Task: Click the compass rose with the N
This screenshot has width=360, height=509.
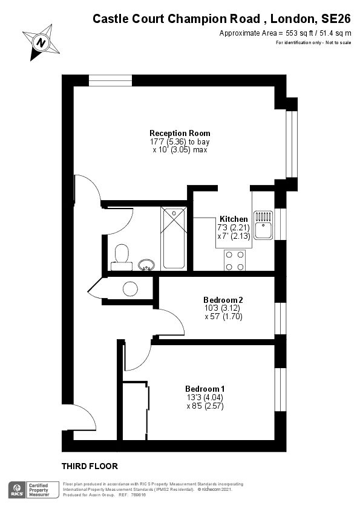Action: pos(41,42)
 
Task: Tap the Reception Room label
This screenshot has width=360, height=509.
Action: pos(180,133)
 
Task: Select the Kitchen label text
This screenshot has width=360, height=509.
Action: pos(233,219)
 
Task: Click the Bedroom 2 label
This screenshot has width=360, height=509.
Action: pos(223,300)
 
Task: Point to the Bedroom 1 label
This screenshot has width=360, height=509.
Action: pos(205,388)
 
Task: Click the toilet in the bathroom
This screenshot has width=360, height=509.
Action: pos(122,257)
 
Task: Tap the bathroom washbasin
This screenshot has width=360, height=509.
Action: pos(146,264)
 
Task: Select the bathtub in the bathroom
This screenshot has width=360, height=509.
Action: pos(174,237)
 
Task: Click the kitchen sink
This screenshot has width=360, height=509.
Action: pos(263,224)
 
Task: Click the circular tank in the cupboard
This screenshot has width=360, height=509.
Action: pos(131,289)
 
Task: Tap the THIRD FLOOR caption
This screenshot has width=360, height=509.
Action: pos(90,466)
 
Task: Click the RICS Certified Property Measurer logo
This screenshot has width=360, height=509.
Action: pos(33,490)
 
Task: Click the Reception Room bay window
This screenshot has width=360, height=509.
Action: pos(291,144)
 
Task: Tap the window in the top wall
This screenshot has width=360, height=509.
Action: pos(110,80)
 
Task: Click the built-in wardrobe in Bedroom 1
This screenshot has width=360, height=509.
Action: pos(135,411)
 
